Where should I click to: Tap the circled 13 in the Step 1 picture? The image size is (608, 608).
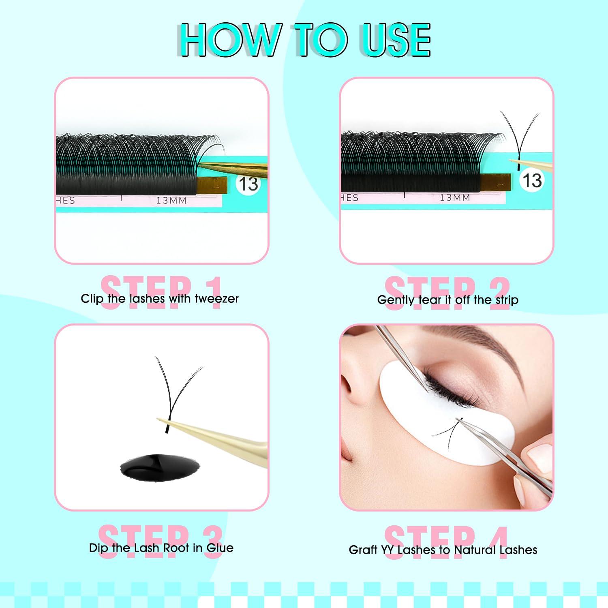248,184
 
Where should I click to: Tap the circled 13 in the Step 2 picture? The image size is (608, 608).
532,180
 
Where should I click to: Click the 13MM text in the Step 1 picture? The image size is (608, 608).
171,200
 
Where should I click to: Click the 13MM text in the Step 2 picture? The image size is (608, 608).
455,198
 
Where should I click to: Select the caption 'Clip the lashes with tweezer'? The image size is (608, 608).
160,299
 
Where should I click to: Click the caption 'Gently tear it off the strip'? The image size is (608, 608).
447,300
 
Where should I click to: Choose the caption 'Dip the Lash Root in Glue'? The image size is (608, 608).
161,548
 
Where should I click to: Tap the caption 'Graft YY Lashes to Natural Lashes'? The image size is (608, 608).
443,550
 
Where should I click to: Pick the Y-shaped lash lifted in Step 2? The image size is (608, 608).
519,138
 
